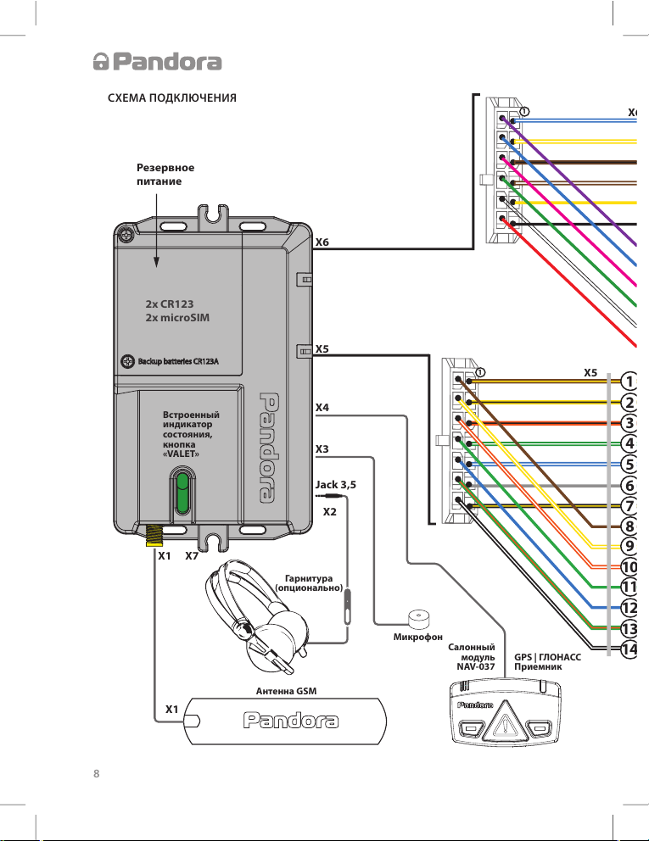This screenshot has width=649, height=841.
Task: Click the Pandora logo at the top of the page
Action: coord(157,62)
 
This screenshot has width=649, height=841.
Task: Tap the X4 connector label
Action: coord(322,408)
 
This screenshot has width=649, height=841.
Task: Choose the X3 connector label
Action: coord(322,448)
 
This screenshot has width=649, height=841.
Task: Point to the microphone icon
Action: coord(417,615)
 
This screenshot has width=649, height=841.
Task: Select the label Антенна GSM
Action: coord(286,692)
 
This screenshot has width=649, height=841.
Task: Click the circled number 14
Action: coord(629,649)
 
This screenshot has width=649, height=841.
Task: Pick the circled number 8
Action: coord(629,526)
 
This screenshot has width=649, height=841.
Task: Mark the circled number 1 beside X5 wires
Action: coord(629,381)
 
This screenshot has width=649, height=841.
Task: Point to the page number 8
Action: coord(95,773)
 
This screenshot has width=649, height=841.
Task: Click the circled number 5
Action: coord(629,464)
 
